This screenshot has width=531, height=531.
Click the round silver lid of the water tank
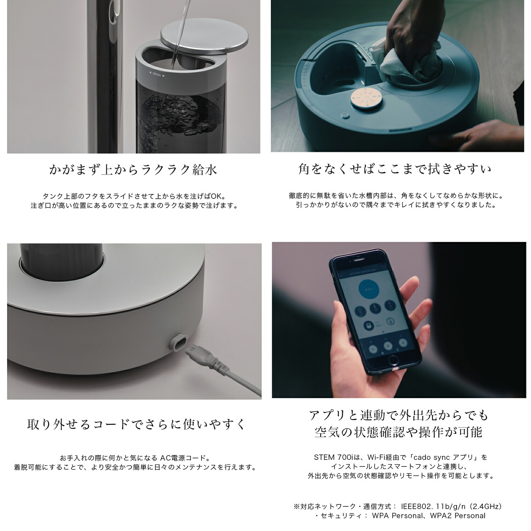pyautogui.click(x=204, y=36)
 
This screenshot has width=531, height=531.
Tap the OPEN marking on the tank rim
pyautogui.click(x=156, y=75)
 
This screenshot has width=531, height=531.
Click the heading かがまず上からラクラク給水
pyautogui.click(x=133, y=170)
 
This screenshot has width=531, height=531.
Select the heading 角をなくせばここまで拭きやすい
pyautogui.click(x=395, y=169)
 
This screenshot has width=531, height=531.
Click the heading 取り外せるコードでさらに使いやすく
pyautogui.click(x=136, y=424)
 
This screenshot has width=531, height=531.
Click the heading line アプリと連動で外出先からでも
pyautogui.click(x=399, y=415)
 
